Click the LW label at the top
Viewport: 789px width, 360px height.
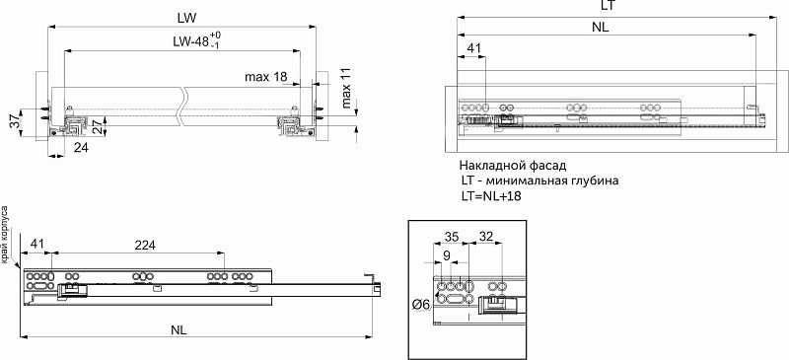(x=184, y=18)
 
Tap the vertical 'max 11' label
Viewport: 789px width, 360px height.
(x=345, y=88)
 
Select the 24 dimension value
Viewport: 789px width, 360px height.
(x=81, y=147)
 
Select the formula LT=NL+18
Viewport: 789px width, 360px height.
(x=491, y=197)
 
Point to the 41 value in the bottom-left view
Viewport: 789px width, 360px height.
(x=38, y=244)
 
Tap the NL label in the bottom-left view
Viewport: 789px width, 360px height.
(x=178, y=329)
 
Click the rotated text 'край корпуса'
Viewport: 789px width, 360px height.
(x=6, y=235)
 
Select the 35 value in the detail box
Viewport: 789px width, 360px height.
(x=453, y=237)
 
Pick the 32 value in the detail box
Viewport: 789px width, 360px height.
(x=486, y=237)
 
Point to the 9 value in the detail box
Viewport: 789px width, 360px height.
(x=449, y=256)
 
